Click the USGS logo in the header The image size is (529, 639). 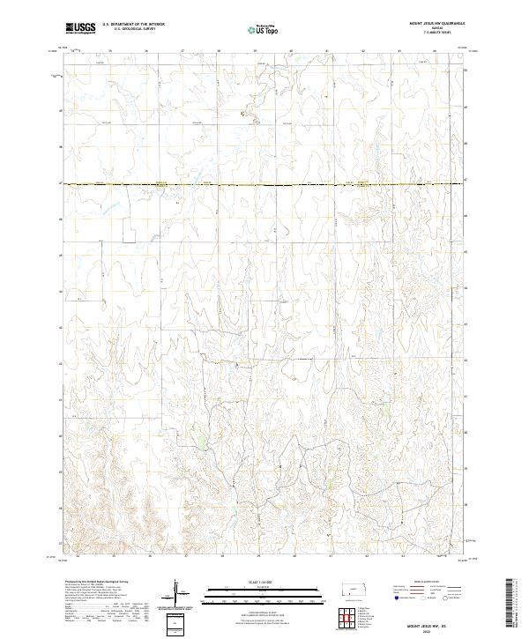pyautogui.click(x=81, y=29)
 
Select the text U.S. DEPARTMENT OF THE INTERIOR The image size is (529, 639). pyautogui.click(x=133, y=25)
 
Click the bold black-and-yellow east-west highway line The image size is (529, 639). pyautogui.click(x=264, y=184)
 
